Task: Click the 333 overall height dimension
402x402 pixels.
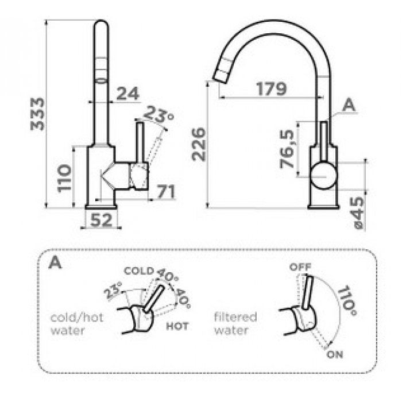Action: click(37, 114)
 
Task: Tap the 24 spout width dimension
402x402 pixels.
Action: click(127, 94)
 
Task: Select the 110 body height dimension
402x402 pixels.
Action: click(64, 178)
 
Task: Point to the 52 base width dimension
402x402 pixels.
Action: click(102, 220)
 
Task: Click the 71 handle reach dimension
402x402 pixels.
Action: click(166, 191)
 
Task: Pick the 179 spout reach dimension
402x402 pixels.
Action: click(271, 88)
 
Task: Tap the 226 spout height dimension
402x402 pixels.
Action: click(199, 144)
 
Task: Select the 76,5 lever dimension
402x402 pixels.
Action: click(287, 149)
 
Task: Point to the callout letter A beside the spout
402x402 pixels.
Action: click(349, 105)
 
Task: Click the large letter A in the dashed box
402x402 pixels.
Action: click(55, 262)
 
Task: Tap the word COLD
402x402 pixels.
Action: click(139, 271)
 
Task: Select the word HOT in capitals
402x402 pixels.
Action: click(177, 326)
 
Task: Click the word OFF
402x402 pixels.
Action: click(300, 267)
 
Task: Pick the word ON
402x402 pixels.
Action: click(335, 355)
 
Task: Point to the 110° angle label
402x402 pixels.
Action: click(346, 300)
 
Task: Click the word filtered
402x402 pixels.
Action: click(235, 317)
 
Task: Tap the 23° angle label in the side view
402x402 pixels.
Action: click(158, 114)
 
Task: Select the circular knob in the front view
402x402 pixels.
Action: click(324, 175)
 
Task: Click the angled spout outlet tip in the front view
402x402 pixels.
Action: click(219, 78)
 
